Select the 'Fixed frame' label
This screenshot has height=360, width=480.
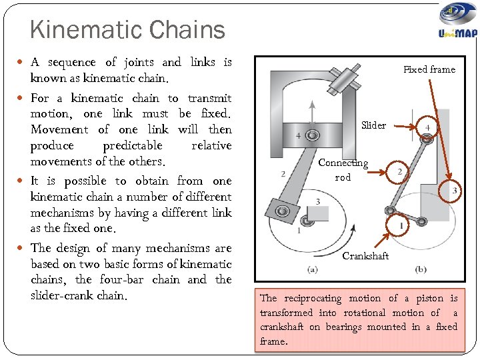[429, 69]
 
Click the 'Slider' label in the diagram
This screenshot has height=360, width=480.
[373, 125]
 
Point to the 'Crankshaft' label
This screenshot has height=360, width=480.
[365, 256]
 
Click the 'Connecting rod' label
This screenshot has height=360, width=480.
[343, 169]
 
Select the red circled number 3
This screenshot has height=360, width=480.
[455, 191]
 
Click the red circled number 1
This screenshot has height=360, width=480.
[401, 227]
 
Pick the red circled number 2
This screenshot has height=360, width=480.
[399, 172]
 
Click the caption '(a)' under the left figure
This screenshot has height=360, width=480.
[313, 269]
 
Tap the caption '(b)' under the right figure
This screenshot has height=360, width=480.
[421, 269]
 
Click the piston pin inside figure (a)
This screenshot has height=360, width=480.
[311, 136]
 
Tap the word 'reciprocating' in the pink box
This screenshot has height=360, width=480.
[313, 299]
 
